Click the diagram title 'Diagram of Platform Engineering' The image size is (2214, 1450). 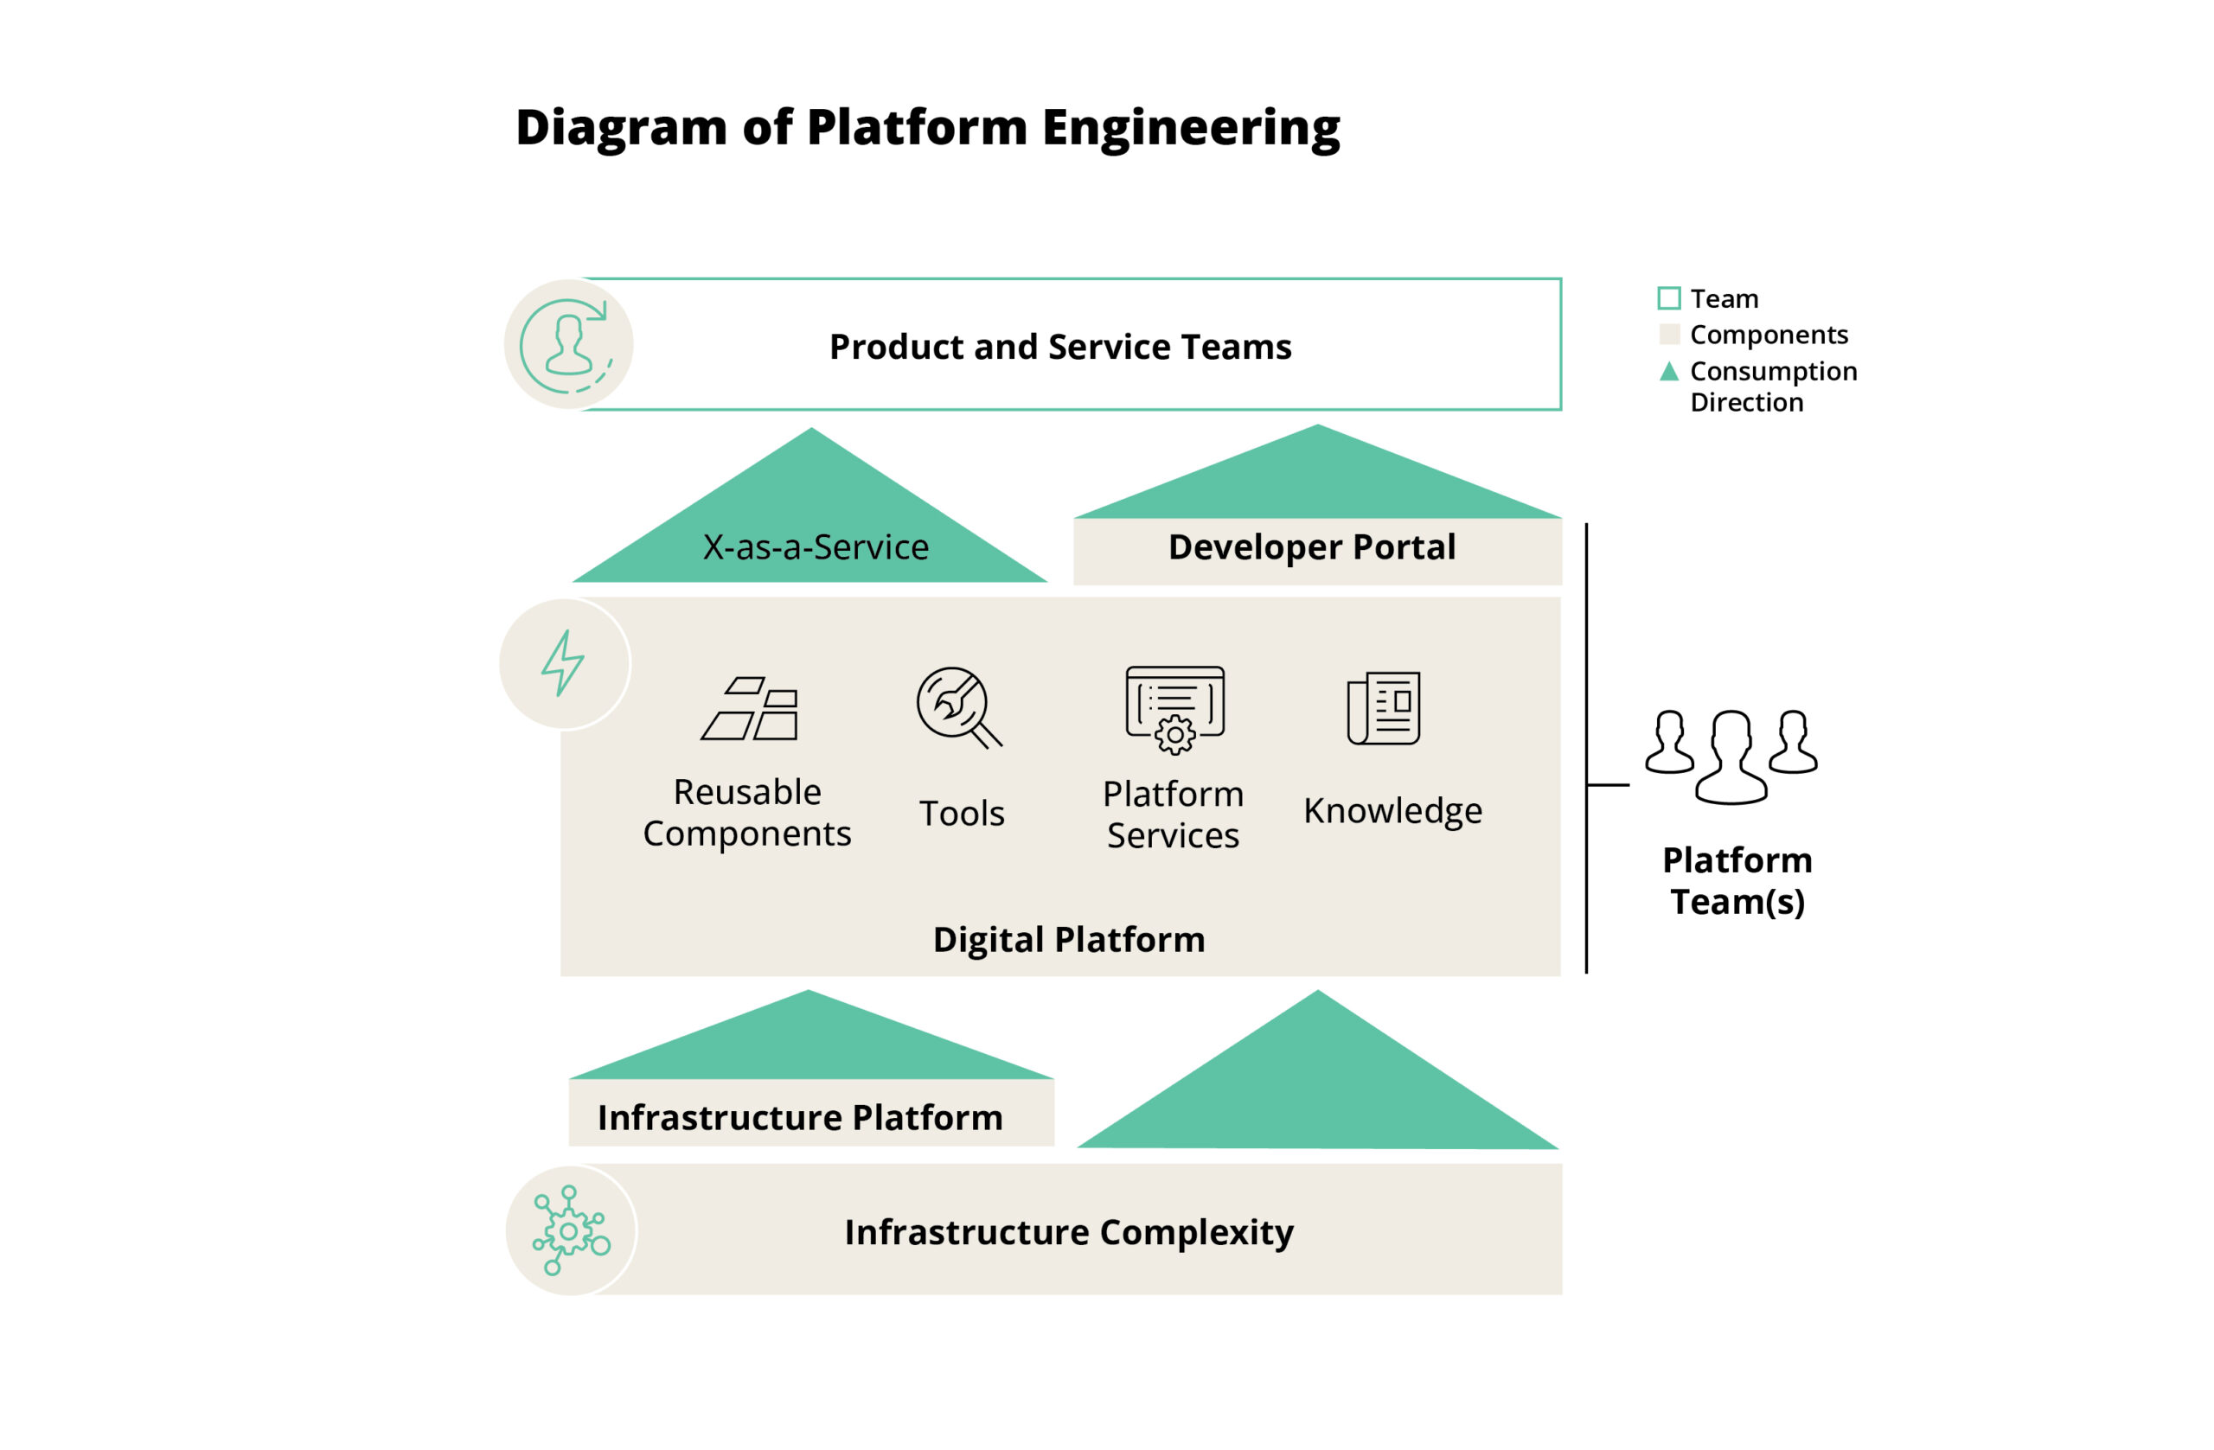tap(927, 127)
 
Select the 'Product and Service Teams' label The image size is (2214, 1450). tap(1059, 347)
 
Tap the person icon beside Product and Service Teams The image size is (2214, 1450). tap(567, 345)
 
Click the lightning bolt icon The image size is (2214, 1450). tap(564, 664)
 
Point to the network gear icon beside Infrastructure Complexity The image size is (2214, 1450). tap(570, 1230)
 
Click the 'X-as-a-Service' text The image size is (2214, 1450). tap(815, 548)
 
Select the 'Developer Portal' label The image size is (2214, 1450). tap(1312, 548)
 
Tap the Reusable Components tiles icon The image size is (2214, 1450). tap(751, 709)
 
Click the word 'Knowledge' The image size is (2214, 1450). tap(1392, 811)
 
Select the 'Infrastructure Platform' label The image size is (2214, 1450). tap(800, 1118)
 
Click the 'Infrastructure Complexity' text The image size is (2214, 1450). tap(1068, 1232)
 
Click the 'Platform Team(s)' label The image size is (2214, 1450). tap(1737, 881)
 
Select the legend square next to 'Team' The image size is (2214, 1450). tap(1669, 298)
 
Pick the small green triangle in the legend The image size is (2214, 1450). tap(1669, 372)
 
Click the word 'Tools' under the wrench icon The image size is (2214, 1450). tap(962, 814)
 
